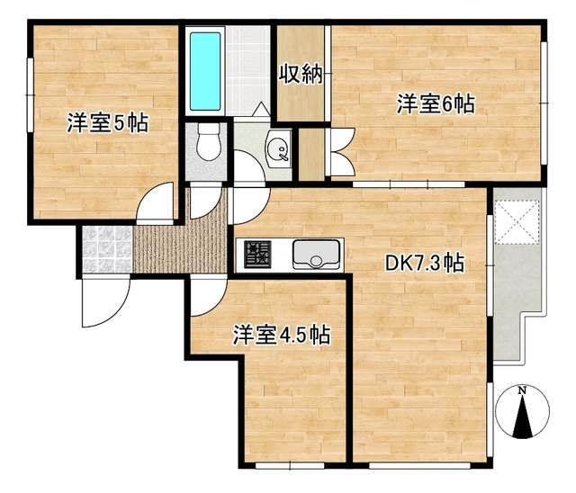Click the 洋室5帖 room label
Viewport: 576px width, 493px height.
click(105, 123)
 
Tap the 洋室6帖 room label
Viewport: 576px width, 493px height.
click(436, 104)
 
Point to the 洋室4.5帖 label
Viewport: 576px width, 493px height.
click(280, 336)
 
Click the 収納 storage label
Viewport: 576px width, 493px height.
click(300, 75)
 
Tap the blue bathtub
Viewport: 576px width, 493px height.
click(205, 70)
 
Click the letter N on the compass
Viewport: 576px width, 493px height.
click(522, 391)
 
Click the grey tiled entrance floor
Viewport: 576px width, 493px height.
click(105, 248)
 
